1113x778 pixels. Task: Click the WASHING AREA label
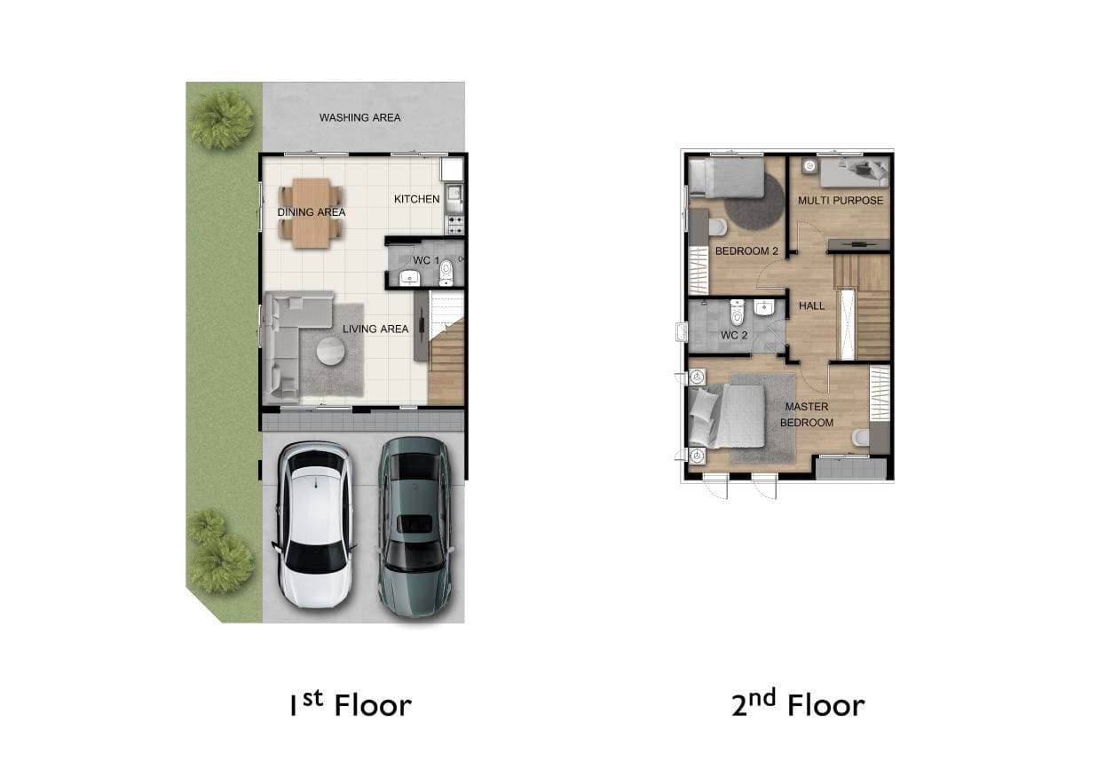tap(359, 118)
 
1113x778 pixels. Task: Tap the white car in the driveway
tap(315, 525)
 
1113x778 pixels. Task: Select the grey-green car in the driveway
tap(416, 527)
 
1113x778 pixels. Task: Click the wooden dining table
tap(312, 213)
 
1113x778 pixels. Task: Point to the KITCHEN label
tap(417, 199)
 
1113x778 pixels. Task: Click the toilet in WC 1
tap(446, 273)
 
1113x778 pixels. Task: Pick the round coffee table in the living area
tap(331, 352)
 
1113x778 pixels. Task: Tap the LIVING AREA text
tap(375, 329)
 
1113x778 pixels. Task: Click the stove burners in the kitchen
tap(455, 225)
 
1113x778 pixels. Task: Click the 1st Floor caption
tap(351, 705)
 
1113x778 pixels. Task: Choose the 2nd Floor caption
tap(798, 703)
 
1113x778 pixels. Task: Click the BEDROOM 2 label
tap(746, 251)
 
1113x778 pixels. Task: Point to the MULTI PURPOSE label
tap(841, 201)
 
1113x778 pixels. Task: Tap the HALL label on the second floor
tap(812, 306)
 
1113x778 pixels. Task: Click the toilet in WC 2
tap(737, 312)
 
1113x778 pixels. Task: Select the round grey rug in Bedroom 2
tap(754, 202)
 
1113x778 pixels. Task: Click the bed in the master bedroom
tap(727, 417)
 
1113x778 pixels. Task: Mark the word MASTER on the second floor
tap(807, 407)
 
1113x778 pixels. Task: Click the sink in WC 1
tap(409, 278)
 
